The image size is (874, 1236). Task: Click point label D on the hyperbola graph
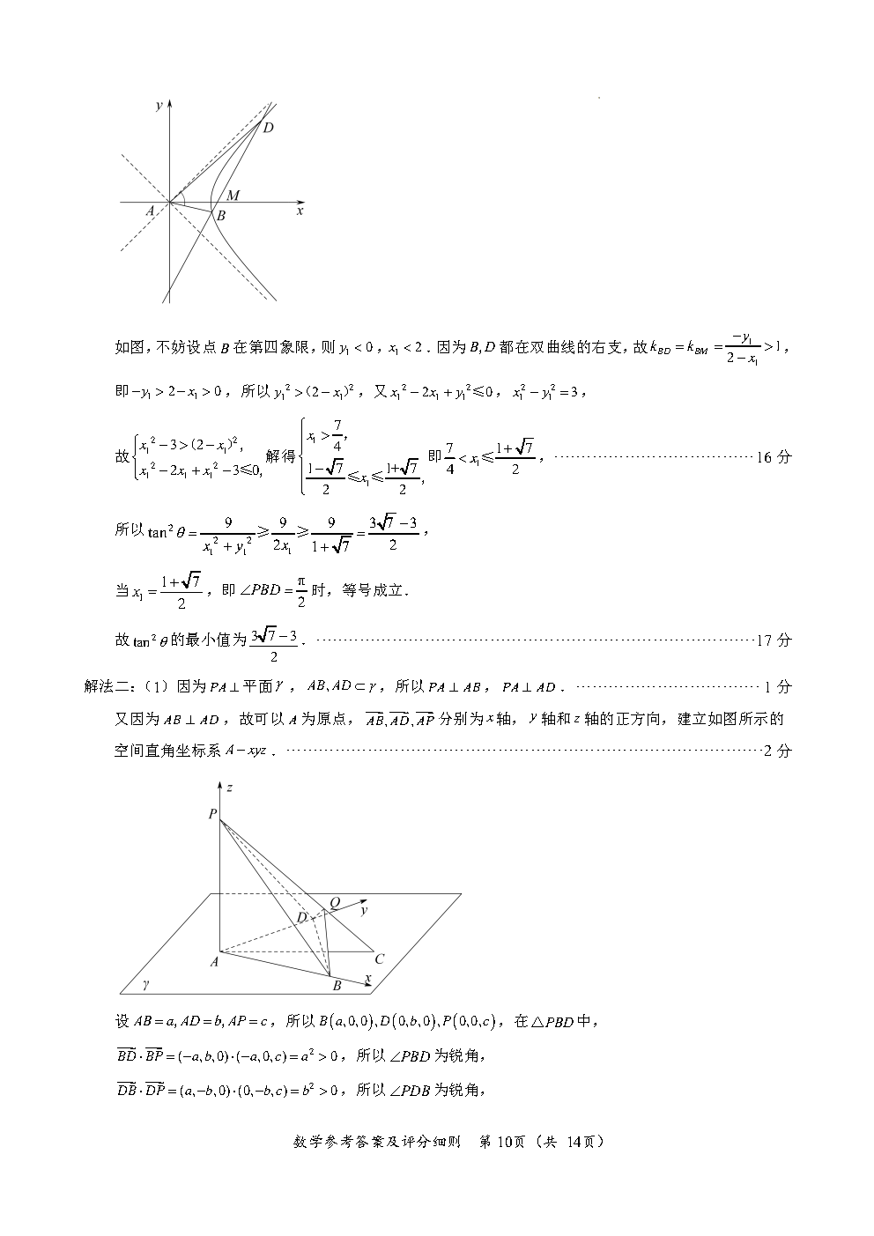269,128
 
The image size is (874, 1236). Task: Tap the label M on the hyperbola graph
233,195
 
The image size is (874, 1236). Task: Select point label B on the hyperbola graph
221,216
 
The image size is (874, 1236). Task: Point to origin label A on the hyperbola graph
151,211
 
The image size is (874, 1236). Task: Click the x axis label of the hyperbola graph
300,211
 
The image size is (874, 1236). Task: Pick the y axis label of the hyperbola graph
158,106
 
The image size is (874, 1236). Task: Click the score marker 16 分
774,456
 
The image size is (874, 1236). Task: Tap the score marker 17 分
774,640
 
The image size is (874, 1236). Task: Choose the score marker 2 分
777,751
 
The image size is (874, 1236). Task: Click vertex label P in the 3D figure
212,815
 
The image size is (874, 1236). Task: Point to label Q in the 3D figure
334,903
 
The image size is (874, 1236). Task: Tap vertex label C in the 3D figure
379,958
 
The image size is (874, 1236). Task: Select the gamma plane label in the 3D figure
146,982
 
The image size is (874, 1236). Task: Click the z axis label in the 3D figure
229,788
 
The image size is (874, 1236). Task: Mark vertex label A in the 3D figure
213,962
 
